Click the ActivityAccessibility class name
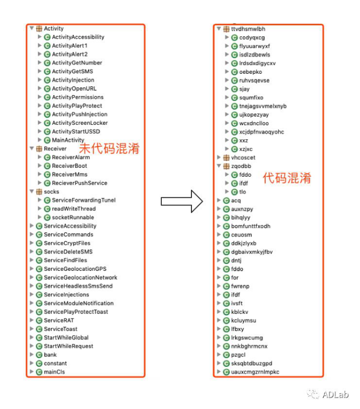point(78,37)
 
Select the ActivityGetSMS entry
point(72,71)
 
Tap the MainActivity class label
point(68,140)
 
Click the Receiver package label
point(55,149)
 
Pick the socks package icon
point(39,192)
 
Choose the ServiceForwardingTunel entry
point(84,200)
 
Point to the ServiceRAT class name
point(59,320)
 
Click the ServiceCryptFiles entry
point(67,243)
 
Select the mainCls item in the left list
point(54,372)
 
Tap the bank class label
point(50,355)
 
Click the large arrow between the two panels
point(182,201)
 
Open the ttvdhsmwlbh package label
point(248,29)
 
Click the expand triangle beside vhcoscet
point(219,157)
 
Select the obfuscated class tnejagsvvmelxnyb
point(263,106)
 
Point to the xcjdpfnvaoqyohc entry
point(261,132)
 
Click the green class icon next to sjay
point(235,89)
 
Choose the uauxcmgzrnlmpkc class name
point(255,372)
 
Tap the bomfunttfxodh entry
point(251,226)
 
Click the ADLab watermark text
point(336,394)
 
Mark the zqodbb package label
point(241,166)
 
